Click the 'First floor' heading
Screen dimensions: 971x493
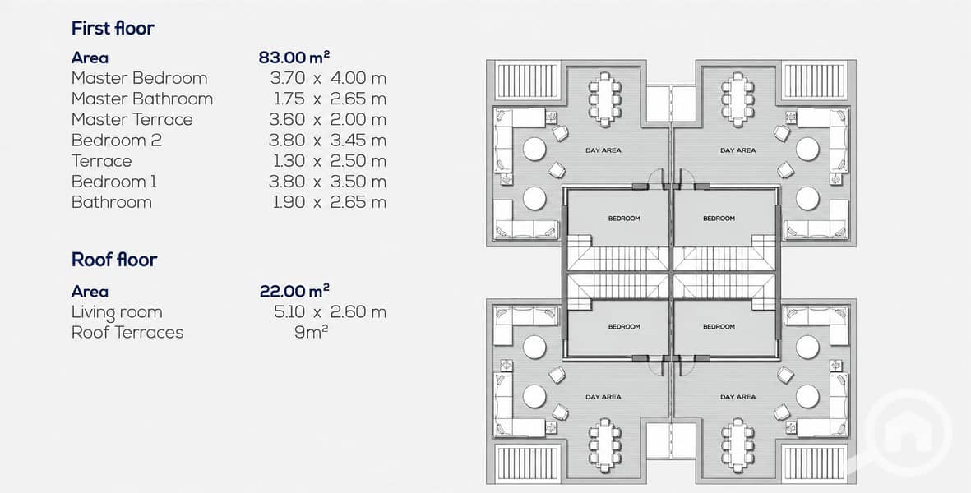(x=113, y=28)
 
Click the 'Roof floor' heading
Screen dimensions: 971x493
(x=114, y=259)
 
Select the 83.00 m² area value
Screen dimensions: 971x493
(x=294, y=58)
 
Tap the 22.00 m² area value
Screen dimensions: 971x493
(x=294, y=291)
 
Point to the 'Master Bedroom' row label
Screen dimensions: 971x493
(x=139, y=78)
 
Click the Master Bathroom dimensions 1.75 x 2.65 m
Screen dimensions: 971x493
(x=330, y=99)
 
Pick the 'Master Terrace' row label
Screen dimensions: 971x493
(x=132, y=119)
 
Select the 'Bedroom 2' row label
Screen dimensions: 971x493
(x=117, y=141)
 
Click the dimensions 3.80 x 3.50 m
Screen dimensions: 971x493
(x=327, y=182)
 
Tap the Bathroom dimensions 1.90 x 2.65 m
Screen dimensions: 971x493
(x=330, y=202)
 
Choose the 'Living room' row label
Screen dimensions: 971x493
(x=117, y=312)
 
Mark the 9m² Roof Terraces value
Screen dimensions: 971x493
(x=312, y=332)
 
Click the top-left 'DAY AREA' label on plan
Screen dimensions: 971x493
(x=603, y=150)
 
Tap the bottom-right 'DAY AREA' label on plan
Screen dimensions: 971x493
(x=737, y=397)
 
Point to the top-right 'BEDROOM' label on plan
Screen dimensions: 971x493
(x=719, y=219)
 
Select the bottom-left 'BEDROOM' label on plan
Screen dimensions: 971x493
(x=624, y=326)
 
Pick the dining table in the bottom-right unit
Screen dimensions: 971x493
(x=737, y=445)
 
